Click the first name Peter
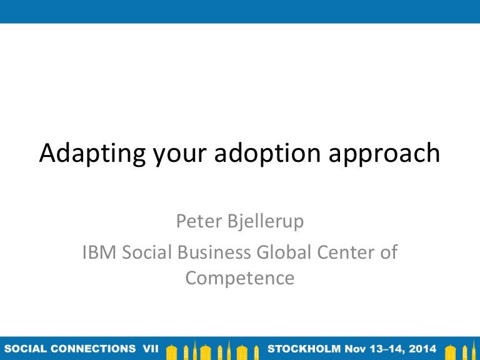tap(197, 221)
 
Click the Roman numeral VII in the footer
tap(150, 347)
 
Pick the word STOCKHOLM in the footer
tap(304, 347)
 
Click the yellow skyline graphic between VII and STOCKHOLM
tap(213, 348)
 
